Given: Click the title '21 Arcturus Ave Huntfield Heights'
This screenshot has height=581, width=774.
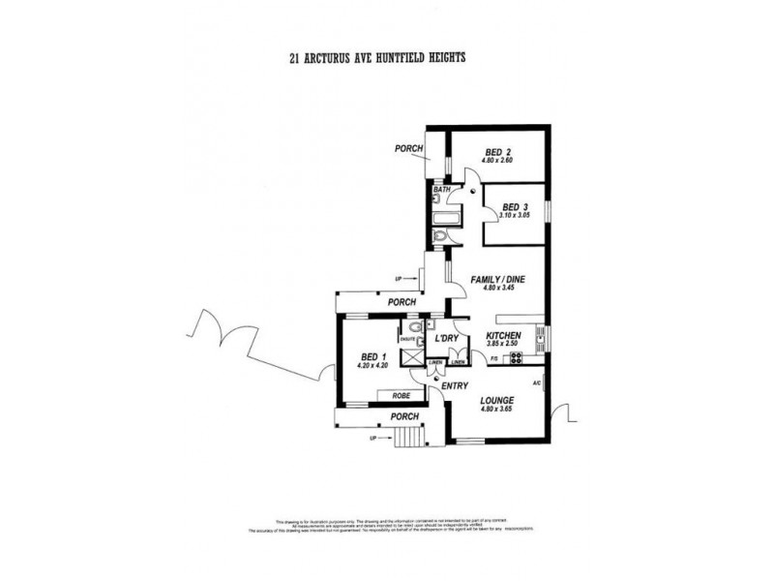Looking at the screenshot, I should click(x=377, y=57).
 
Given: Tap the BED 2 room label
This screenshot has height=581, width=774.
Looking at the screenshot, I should click(x=498, y=152).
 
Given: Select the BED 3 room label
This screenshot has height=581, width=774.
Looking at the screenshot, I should click(x=513, y=207).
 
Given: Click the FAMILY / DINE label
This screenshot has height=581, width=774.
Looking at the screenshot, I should click(x=496, y=280).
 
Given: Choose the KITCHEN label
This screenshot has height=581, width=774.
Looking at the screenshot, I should click(x=503, y=334).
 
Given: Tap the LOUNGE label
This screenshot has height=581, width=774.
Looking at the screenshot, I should click(x=494, y=400).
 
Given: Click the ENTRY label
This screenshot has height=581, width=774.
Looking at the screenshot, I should click(x=455, y=386).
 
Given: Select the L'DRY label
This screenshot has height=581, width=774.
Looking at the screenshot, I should click(x=446, y=338).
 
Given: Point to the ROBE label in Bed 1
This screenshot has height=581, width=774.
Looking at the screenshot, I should click(x=399, y=396).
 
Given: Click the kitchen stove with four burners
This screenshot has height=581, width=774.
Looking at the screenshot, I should click(x=516, y=358).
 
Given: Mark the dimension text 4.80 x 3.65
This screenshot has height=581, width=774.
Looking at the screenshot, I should click(x=494, y=410).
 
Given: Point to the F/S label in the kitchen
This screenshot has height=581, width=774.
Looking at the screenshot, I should click(x=493, y=359).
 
